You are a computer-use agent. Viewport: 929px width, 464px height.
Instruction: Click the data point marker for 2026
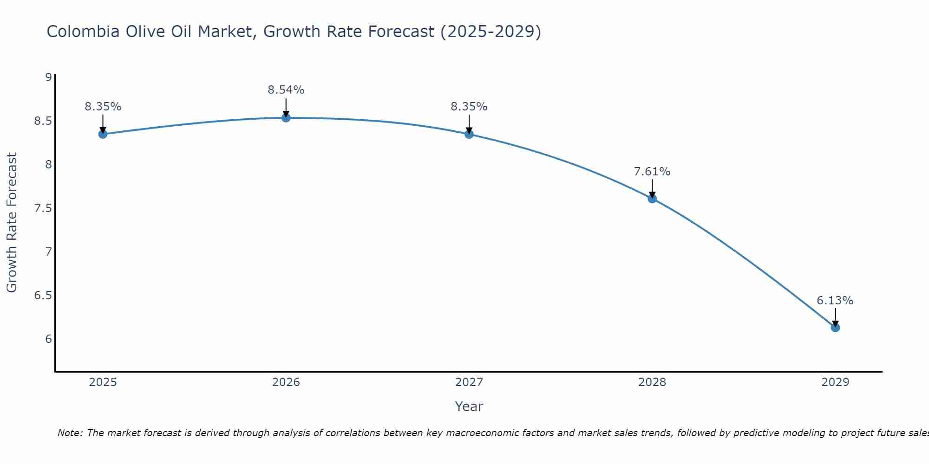[x=286, y=118]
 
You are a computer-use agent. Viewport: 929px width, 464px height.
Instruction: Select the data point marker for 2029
[x=835, y=328]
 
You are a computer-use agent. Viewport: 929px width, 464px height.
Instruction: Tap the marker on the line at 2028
[x=652, y=199]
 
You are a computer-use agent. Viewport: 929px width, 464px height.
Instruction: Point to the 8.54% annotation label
[x=286, y=90]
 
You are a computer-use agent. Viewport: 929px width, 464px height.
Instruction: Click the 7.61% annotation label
[x=652, y=172]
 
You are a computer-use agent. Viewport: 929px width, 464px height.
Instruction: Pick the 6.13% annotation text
[x=835, y=301]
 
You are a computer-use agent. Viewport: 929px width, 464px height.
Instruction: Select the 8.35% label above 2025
[x=103, y=107]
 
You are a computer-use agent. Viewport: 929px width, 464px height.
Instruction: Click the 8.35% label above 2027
[x=469, y=107]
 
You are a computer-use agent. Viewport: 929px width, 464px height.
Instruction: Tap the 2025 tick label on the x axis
[x=103, y=382]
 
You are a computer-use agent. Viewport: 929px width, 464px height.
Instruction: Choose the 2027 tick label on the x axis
[x=469, y=382]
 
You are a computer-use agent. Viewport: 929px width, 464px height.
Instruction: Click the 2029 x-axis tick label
[x=835, y=382]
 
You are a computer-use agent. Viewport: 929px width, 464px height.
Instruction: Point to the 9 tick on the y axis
[x=48, y=77]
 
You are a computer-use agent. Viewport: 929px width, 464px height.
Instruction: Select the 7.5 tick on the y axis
[x=43, y=208]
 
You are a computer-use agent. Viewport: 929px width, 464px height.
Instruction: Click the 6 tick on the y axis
[x=48, y=339]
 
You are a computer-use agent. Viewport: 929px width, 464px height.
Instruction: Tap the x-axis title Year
[x=469, y=406]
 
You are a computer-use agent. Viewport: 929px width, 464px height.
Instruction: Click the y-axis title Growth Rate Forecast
[x=12, y=223]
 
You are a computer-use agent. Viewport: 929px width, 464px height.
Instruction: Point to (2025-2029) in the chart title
[x=491, y=32]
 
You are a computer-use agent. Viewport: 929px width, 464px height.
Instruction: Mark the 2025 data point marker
[x=103, y=134]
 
